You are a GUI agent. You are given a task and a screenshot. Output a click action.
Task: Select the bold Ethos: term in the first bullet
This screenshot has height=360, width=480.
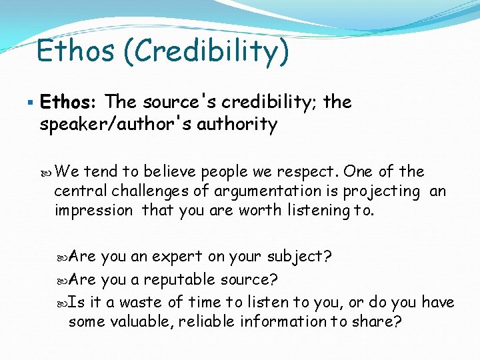(69, 102)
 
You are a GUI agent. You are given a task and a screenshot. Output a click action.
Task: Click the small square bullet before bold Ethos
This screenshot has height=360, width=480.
(32, 102)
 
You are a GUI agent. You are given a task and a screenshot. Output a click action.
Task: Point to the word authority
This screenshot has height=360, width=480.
(236, 124)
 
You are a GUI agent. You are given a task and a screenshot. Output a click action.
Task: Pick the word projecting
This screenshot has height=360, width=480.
(381, 191)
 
